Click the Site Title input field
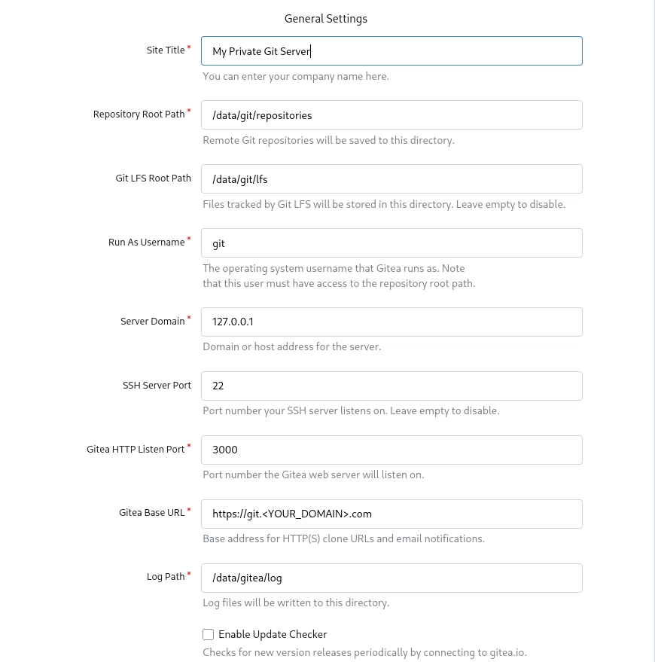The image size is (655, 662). [391, 51]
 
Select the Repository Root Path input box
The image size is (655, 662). [391, 115]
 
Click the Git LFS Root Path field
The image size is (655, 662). [391, 179]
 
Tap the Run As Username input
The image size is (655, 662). [391, 243]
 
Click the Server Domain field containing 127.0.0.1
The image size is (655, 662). [391, 322]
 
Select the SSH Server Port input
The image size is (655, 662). [391, 386]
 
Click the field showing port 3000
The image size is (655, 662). [391, 450]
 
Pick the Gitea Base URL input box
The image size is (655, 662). [391, 514]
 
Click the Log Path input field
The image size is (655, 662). [391, 578]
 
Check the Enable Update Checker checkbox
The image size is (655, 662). [209, 635]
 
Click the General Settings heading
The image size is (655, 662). [326, 19]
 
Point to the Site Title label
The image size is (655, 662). [166, 50]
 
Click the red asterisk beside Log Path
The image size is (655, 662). [189, 575]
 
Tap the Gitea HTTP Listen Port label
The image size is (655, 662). [136, 450]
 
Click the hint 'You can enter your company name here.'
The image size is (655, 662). [296, 77]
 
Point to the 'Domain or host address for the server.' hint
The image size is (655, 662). [292, 347]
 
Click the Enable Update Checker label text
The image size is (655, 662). [273, 635]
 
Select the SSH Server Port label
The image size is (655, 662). [157, 386]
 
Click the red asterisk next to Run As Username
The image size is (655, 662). [189, 240]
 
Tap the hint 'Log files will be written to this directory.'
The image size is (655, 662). [296, 603]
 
